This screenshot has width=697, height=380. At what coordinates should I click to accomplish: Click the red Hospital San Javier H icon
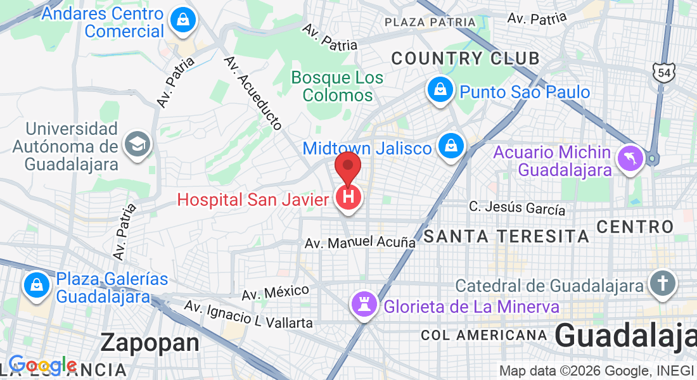click(348, 198)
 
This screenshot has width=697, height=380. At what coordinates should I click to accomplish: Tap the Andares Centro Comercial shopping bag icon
click(182, 20)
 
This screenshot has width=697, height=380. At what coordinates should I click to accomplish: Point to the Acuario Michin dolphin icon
click(632, 158)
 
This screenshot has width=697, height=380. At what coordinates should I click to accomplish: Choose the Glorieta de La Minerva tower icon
click(364, 307)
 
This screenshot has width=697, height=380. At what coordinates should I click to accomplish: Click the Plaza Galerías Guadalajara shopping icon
click(37, 286)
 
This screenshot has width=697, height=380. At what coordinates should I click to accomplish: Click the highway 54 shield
click(665, 73)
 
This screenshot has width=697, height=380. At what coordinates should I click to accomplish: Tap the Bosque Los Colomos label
click(337, 87)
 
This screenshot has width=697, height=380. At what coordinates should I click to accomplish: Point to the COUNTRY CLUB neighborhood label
click(465, 59)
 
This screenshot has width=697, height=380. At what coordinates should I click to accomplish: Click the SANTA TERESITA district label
click(506, 237)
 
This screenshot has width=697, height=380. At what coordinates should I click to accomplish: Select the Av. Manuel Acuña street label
click(360, 243)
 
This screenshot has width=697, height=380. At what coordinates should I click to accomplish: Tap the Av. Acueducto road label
click(253, 93)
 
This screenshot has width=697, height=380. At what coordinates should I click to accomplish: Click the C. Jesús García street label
click(517, 208)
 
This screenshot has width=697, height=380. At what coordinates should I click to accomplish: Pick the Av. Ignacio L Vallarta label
click(248, 315)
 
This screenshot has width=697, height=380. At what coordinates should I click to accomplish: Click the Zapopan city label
click(150, 343)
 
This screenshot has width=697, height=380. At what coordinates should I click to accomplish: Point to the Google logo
click(42, 365)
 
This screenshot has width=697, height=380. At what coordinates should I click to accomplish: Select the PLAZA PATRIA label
click(430, 22)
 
